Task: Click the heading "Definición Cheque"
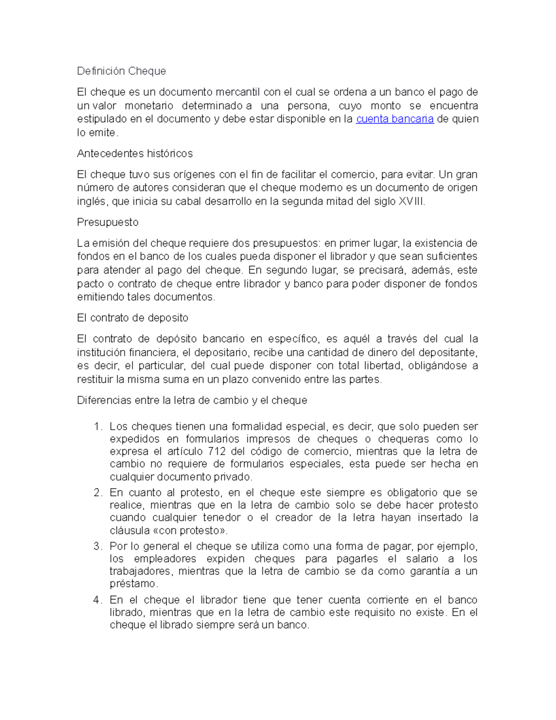coord(121,71)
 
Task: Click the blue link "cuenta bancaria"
coord(395,119)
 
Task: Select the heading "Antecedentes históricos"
coord(135,153)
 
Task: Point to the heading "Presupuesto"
coord(108,223)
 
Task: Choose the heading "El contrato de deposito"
coord(133,318)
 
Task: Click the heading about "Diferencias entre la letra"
coord(192,401)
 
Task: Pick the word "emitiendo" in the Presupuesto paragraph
coord(100,297)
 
